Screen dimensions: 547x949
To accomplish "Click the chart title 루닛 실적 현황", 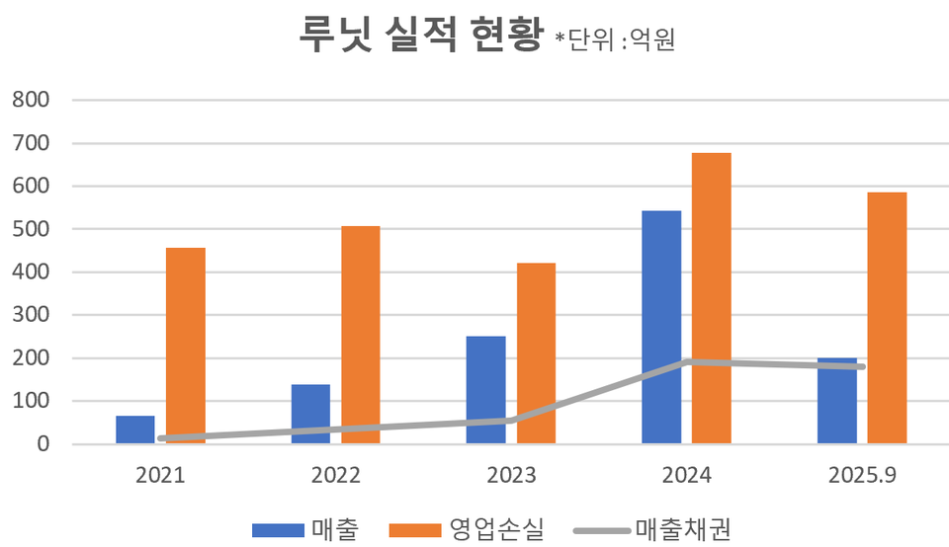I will tap(421, 36).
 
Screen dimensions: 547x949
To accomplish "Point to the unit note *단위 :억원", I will tap(614, 40).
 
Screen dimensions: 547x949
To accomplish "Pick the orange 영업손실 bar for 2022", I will tap(361, 335).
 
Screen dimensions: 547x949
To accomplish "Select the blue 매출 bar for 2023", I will tap(486, 390).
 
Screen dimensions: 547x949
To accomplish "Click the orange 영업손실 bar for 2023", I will tap(537, 353).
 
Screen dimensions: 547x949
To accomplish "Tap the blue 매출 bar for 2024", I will tap(661, 327).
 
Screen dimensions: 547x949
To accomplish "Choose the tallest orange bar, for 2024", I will tap(712, 298).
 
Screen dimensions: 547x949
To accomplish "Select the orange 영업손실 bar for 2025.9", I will tap(887, 318).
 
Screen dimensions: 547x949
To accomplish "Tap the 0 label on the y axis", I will tap(43, 444).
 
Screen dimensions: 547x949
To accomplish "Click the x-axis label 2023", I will tap(511, 476).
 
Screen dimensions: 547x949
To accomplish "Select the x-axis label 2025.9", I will tap(862, 476).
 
